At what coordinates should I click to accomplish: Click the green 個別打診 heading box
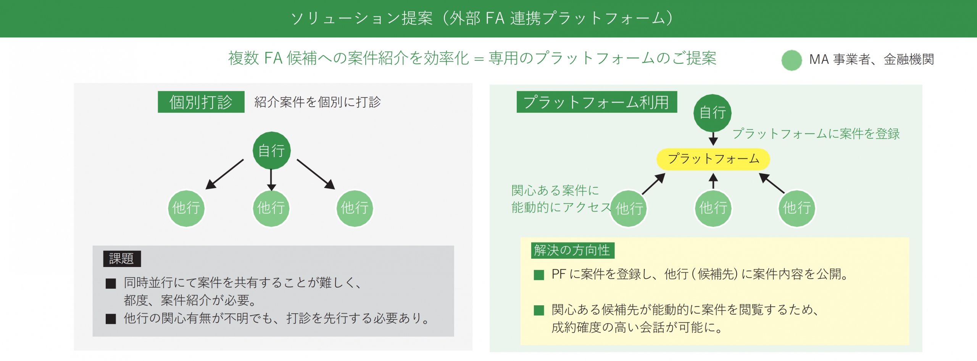(x=201, y=102)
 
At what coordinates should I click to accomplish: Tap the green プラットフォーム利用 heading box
(x=597, y=102)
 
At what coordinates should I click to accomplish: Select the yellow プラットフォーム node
(x=713, y=159)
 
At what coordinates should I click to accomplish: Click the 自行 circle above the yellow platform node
(x=712, y=113)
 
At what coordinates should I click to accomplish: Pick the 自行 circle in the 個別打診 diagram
(x=271, y=151)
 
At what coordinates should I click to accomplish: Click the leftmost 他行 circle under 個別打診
(x=186, y=208)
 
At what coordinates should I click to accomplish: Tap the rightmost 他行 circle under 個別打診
(x=355, y=208)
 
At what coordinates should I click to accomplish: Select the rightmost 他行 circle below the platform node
(x=796, y=208)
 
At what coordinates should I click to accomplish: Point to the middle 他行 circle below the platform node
(x=713, y=208)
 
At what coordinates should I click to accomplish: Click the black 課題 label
(x=122, y=259)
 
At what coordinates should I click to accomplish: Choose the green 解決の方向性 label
(x=572, y=250)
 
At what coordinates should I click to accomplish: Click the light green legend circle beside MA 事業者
(x=792, y=60)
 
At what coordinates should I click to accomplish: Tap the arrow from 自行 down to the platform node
(x=713, y=138)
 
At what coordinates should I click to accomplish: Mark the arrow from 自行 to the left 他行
(x=224, y=174)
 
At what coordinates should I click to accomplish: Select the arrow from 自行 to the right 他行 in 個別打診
(x=316, y=174)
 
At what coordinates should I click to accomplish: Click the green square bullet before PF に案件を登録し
(x=538, y=275)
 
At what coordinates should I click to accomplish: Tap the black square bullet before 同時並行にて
(x=111, y=283)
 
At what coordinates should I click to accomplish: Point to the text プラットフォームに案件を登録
(x=816, y=134)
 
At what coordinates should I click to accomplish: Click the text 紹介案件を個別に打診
(x=318, y=102)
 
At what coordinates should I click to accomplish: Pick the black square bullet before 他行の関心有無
(x=111, y=319)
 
